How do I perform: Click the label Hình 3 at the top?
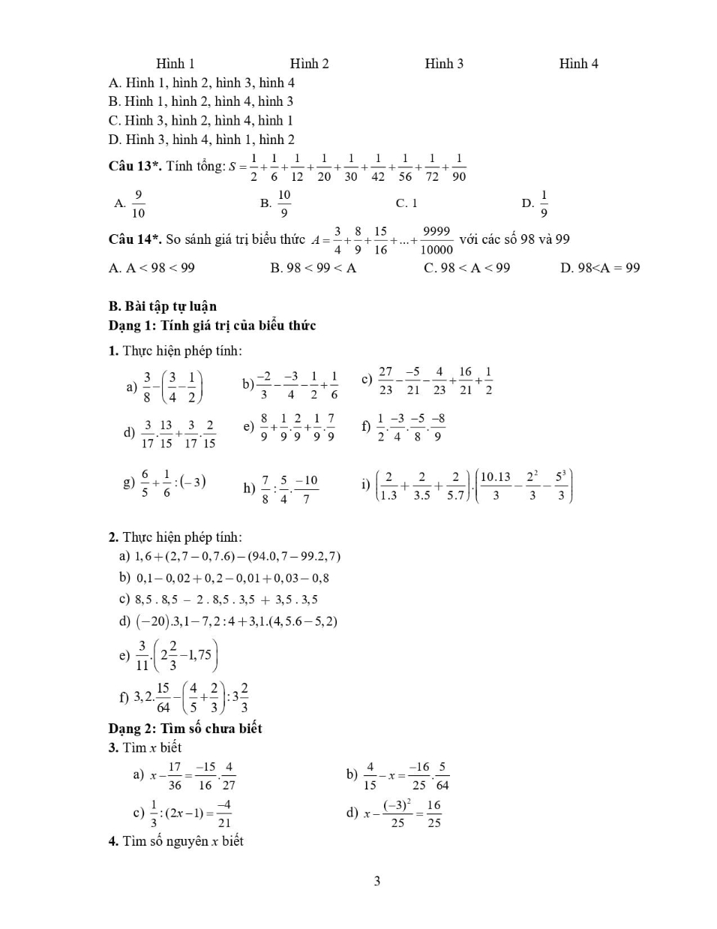(x=443, y=64)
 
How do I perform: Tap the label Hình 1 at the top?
(x=175, y=64)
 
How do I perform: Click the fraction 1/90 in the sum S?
(x=459, y=167)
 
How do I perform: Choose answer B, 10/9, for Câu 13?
(x=283, y=203)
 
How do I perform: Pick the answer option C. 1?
(x=406, y=203)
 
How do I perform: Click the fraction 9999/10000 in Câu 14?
(x=436, y=240)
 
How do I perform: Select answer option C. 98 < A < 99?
(x=466, y=268)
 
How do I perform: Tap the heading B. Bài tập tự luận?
(x=163, y=306)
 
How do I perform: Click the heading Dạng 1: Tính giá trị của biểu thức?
(x=212, y=326)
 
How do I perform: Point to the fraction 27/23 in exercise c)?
(x=385, y=380)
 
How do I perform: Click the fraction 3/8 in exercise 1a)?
(x=147, y=387)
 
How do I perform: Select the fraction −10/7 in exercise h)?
(x=306, y=489)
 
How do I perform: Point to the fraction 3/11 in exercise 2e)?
(x=142, y=655)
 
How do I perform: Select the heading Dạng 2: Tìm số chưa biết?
(x=185, y=729)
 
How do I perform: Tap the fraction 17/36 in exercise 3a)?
(x=175, y=776)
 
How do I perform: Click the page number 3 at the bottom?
(x=376, y=881)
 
